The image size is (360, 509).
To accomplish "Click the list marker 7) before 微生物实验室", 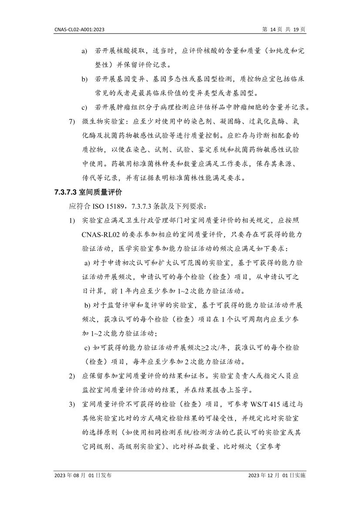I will coord(72,121).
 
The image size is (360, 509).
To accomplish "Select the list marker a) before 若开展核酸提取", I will coord(84,51).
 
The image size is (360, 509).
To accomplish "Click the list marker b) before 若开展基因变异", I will coord(84,79).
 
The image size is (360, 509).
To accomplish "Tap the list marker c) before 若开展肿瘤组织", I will coord(84,107).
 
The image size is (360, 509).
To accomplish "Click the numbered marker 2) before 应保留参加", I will coord(72,375).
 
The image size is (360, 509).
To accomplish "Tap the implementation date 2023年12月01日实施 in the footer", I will coord(276,475).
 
